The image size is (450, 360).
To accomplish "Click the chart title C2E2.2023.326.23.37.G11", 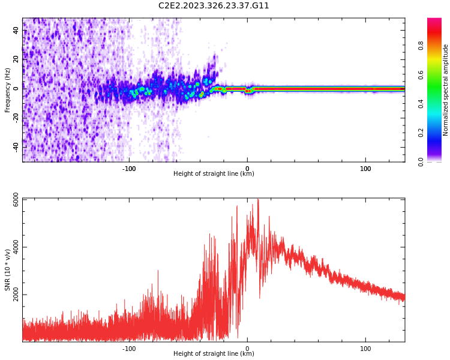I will pyautogui.click(x=214, y=5).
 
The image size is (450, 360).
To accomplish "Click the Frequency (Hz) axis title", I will pyautogui.click(x=8, y=90).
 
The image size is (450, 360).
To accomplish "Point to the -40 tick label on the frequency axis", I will pyautogui.click(x=16, y=147).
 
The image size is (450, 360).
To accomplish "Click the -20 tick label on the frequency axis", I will pyautogui.click(x=16, y=118).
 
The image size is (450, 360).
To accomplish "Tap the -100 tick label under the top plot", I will pyautogui.click(x=129, y=169).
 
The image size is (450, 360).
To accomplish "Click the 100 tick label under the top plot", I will pyautogui.click(x=365, y=169).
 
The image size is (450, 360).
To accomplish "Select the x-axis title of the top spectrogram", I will pyautogui.click(x=214, y=174).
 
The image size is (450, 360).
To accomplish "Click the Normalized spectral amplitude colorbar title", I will pyautogui.click(x=446, y=90).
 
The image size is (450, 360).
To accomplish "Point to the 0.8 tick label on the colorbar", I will pyautogui.click(x=421, y=45).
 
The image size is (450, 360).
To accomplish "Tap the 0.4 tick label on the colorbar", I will pyautogui.click(x=421, y=104).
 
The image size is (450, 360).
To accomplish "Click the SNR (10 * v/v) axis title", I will pyautogui.click(x=8, y=270).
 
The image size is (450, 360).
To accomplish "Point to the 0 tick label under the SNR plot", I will pyautogui.click(x=247, y=349).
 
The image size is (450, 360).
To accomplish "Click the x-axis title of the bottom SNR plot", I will pyautogui.click(x=214, y=354).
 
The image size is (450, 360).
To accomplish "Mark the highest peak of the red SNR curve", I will pyautogui.click(x=258, y=200).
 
